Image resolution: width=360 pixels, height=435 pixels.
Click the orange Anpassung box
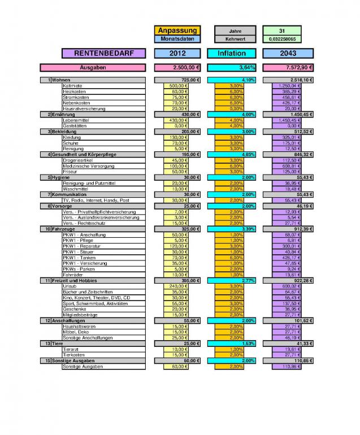(177, 30)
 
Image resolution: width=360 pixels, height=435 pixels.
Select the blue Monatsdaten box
(177, 39)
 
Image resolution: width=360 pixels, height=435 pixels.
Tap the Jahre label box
(235, 30)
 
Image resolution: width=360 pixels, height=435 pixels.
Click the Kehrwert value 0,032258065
(282, 39)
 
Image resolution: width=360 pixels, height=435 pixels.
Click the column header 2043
(288, 54)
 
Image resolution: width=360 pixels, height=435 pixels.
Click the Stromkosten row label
(75, 97)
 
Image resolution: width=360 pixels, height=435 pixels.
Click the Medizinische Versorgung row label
(88, 166)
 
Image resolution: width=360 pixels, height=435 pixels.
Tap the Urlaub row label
(70, 286)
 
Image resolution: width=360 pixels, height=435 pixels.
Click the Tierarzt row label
(72, 349)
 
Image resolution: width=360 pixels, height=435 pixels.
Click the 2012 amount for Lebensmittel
(177, 120)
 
